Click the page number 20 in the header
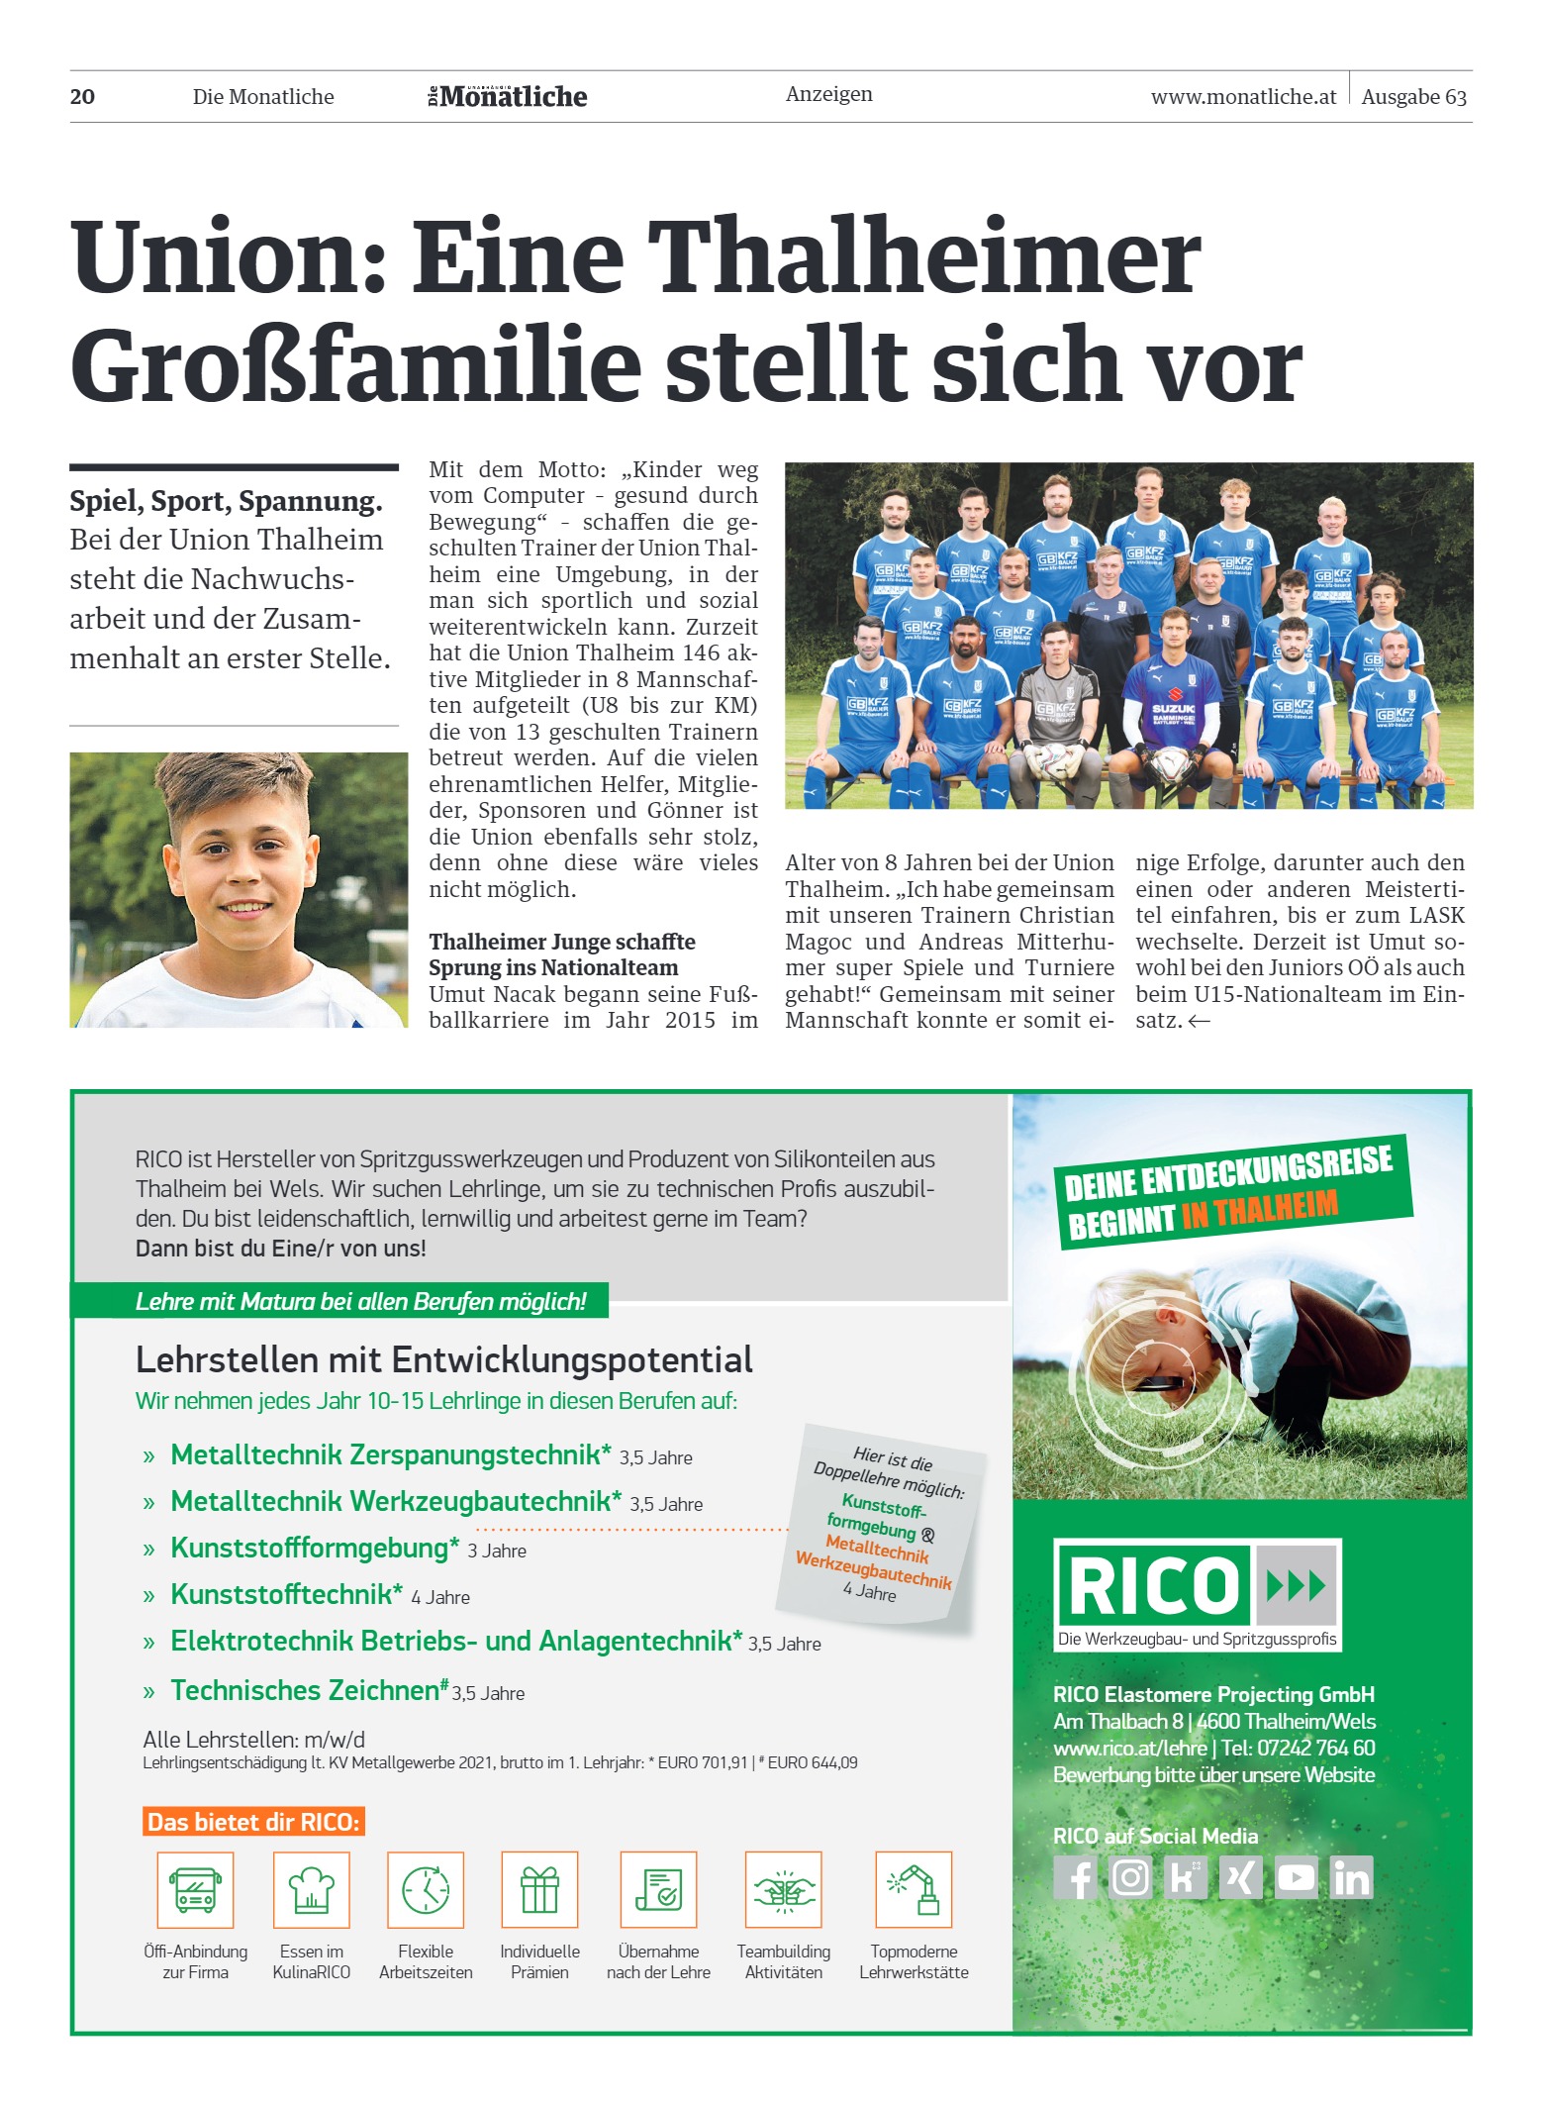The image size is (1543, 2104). (x=83, y=97)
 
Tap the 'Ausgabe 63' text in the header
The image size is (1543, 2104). (x=1413, y=97)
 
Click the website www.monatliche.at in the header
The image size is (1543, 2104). (x=1243, y=97)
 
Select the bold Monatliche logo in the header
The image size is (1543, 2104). (x=508, y=97)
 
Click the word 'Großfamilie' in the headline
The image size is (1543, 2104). (x=356, y=366)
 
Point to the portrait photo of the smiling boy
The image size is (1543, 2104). (x=239, y=889)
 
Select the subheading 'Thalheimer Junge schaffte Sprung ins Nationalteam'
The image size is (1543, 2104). (x=562, y=954)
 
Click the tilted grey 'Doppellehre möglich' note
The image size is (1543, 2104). (x=882, y=1525)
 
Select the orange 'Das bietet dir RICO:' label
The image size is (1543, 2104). (x=253, y=1822)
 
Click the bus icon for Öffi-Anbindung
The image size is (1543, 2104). (x=196, y=1889)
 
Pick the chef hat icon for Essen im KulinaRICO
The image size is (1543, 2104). (x=312, y=1889)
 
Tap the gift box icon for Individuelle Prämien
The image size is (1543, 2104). (x=539, y=1889)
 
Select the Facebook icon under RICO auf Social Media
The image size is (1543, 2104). (x=1079, y=1877)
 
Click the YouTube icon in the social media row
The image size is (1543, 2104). (x=1296, y=1877)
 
